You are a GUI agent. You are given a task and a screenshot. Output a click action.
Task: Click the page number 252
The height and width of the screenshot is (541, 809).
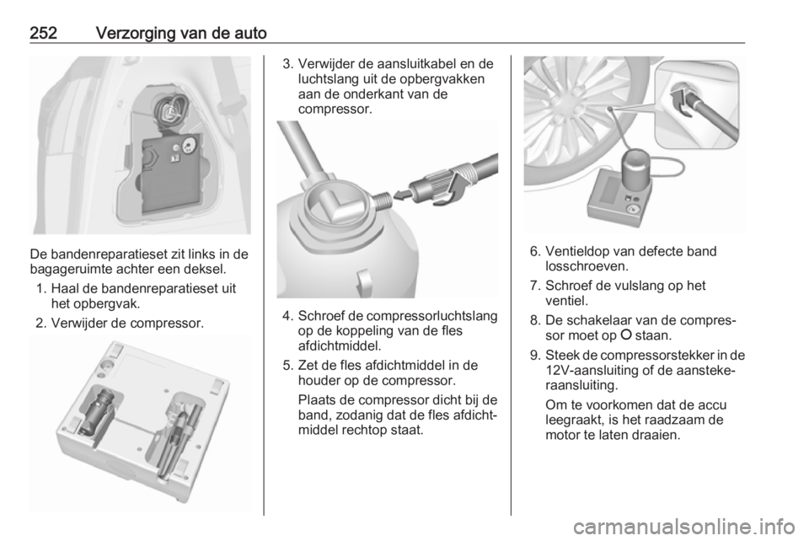point(43,34)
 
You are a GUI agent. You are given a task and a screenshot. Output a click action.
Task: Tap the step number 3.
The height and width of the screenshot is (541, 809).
point(287,65)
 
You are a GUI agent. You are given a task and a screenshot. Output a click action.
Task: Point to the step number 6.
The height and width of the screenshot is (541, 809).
point(534,252)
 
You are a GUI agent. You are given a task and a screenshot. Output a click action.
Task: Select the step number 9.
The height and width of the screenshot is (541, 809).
point(534,356)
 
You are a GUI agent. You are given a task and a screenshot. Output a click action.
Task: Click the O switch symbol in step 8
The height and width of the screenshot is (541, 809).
point(626,335)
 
